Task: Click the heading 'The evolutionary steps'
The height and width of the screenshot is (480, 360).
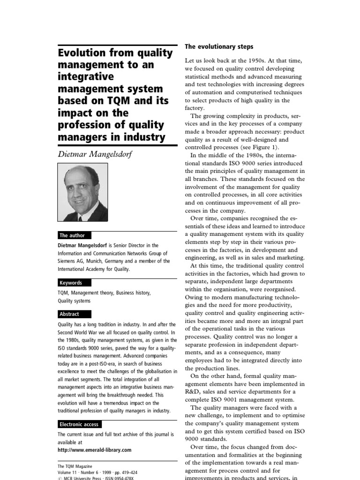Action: click(219, 47)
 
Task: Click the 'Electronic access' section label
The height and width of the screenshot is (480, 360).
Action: click(79, 424)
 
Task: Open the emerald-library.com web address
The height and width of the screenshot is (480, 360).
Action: click(94, 450)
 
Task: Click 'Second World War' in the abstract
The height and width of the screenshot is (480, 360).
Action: click(79, 332)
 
